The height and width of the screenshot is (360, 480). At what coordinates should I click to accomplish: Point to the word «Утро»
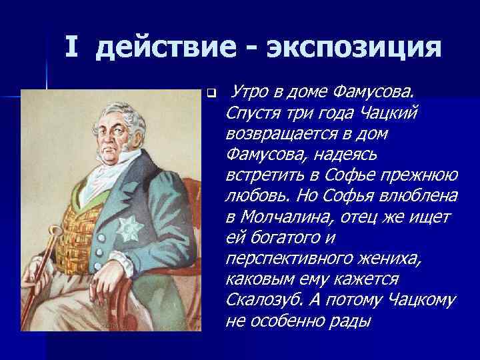click(x=252, y=89)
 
